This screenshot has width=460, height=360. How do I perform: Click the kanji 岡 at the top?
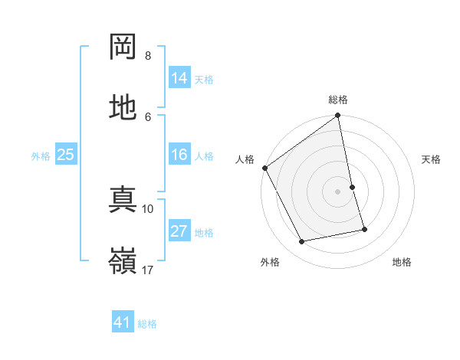coord(123,47)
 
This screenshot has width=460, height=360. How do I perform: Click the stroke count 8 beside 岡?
coord(148,56)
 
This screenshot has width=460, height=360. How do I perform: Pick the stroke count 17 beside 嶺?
coord(148,270)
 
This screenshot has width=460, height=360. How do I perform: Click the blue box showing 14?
coord(179,78)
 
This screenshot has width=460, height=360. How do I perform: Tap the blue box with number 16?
coord(179,155)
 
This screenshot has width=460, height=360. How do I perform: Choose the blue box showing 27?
coord(179,231)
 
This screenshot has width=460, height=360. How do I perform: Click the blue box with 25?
coord(66,155)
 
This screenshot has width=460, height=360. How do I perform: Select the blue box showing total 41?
coord(123,322)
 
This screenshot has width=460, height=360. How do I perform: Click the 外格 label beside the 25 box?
coord(41,155)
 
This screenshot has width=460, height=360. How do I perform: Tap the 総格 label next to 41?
coord(147,323)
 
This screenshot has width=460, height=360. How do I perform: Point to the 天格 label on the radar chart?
coord(432,159)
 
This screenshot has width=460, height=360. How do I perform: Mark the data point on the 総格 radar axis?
coord(338,116)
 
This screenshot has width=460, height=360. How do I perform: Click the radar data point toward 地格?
coord(364,229)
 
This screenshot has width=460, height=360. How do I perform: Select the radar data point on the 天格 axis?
coord(352,187)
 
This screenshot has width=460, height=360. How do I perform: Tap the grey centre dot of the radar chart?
coord(338,191)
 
